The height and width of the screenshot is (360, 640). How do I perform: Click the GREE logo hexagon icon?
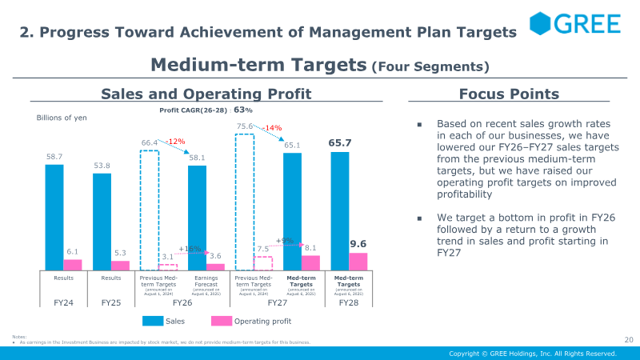(542, 23)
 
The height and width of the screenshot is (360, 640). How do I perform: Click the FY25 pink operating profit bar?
(121, 266)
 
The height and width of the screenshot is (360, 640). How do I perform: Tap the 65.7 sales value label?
(340, 142)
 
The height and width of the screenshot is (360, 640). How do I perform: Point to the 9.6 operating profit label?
(358, 243)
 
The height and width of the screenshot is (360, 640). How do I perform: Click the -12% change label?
(175, 142)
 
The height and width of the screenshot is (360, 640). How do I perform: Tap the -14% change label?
(272, 128)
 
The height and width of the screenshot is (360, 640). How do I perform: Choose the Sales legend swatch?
(153, 321)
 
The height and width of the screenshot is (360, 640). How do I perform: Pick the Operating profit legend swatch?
(221, 321)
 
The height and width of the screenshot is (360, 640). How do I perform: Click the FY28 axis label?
(349, 304)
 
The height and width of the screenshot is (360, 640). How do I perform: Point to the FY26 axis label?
(182, 304)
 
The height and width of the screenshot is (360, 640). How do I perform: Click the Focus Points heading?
(498, 94)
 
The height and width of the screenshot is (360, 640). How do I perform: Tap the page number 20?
(627, 339)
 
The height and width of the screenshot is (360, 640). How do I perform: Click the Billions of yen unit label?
(62, 118)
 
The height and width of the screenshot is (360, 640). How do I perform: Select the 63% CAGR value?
(243, 110)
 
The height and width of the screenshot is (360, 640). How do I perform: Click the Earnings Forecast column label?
(206, 281)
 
